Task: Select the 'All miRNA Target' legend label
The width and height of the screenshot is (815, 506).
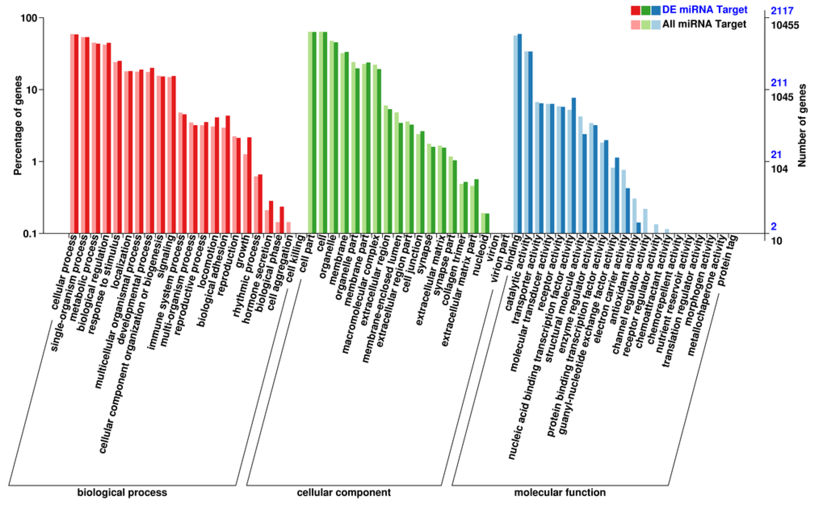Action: tap(704, 25)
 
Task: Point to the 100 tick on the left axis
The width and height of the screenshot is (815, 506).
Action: tap(29, 18)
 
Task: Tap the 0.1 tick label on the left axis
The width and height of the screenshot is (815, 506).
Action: tap(31, 234)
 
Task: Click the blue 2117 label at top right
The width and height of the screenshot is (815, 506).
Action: tap(782, 11)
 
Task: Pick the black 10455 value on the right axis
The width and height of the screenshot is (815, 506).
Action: tap(785, 25)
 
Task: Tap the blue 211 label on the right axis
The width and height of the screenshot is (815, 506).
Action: tap(779, 83)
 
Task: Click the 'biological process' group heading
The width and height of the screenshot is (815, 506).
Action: tap(122, 492)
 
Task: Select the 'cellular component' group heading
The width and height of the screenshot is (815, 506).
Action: tap(344, 492)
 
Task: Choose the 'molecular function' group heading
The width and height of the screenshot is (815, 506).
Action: tap(560, 492)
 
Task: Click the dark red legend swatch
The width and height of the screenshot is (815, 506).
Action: tap(635, 10)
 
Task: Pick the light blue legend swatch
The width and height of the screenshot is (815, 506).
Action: tap(656, 25)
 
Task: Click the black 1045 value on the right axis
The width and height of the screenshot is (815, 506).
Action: tap(782, 97)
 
